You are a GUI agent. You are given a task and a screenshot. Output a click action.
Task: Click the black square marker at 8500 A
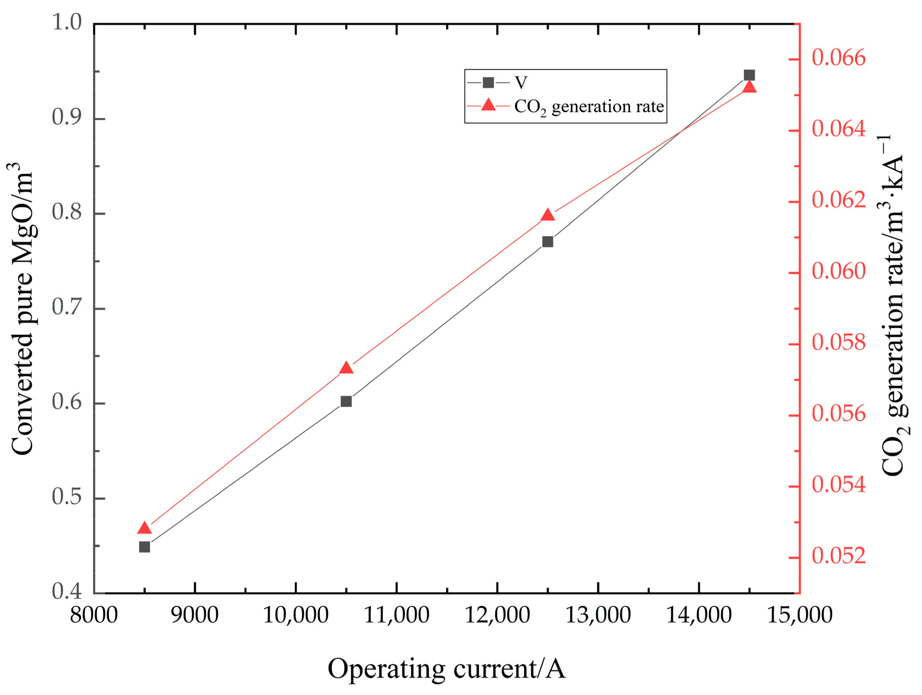pos(144,547)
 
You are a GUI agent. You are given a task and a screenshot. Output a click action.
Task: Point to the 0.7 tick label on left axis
pos(67,307)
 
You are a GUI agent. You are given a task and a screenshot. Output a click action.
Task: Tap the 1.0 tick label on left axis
pos(67,22)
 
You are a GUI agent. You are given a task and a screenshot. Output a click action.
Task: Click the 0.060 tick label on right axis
pos(839,272)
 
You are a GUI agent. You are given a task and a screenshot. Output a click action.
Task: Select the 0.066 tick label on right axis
pos(839,58)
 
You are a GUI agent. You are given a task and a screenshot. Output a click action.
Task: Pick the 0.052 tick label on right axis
pos(839,556)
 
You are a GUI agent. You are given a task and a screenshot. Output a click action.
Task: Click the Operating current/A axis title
pos(446,669)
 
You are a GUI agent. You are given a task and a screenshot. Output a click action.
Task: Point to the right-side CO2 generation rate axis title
pos(893,307)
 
